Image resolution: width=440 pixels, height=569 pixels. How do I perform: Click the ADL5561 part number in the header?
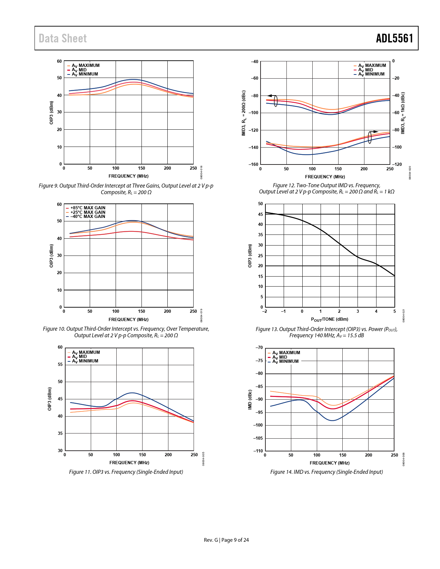point(394,38)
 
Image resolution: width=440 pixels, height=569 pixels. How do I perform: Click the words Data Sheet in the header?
point(63,38)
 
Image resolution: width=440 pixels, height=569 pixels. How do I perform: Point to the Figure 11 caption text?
point(126,472)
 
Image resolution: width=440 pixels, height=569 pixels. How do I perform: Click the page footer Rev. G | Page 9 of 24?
point(226,540)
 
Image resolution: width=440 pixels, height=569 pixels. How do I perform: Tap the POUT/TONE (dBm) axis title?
point(330,319)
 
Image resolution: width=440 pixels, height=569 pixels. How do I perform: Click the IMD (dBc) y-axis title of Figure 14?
point(250,400)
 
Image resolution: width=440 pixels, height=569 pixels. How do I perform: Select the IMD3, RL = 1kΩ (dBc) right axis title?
point(403,113)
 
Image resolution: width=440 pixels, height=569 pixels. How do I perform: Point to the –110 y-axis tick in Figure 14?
point(258,451)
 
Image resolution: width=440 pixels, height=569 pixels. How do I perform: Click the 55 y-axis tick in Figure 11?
point(60,365)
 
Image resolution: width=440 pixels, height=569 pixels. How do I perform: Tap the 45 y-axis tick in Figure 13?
point(261,214)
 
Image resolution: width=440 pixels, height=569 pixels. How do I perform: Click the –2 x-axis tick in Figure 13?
point(265,311)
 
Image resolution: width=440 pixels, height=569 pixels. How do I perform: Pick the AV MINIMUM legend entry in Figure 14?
point(285,361)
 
